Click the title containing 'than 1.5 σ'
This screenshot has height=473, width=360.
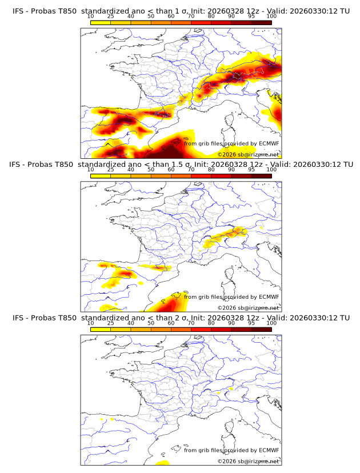tap(181, 165)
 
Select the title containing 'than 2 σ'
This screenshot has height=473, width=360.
tap(181, 318)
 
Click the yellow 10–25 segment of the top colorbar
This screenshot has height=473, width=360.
tap(101, 22)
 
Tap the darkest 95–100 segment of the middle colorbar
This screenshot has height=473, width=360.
tap(262, 175)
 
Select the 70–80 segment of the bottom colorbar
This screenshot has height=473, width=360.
tap(201, 328)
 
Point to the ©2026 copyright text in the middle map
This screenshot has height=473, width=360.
tap(248, 307)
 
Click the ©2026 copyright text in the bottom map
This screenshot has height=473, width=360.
tap(248, 460)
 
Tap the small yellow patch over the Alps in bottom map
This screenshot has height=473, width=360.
tap(230, 389)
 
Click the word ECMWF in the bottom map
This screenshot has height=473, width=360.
tap(269, 450)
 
